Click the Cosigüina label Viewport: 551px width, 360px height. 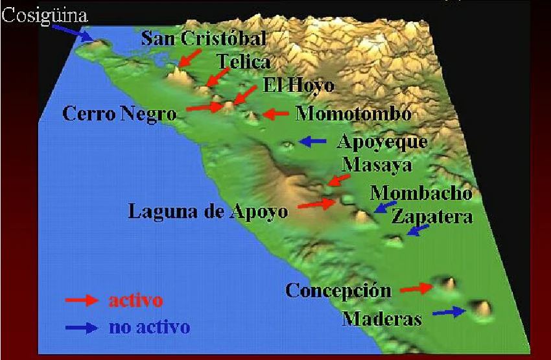click(x=45, y=15)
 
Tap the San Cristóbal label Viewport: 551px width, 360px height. click(x=204, y=39)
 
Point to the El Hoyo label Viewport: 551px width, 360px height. click(x=298, y=85)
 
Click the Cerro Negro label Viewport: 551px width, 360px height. click(x=119, y=114)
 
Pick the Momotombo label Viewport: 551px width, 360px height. click(x=353, y=114)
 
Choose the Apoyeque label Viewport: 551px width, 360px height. click(x=384, y=141)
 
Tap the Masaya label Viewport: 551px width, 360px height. click(x=377, y=165)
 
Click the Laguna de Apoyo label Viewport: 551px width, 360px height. click(x=208, y=211)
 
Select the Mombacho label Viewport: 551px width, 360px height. click(x=421, y=193)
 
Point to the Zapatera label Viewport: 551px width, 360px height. click(x=432, y=217)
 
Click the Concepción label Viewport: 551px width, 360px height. click(x=338, y=290)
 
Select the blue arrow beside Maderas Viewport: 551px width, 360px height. click(x=449, y=313)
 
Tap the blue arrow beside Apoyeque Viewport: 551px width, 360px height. click(x=313, y=141)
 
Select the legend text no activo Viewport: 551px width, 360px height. click(x=149, y=327)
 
